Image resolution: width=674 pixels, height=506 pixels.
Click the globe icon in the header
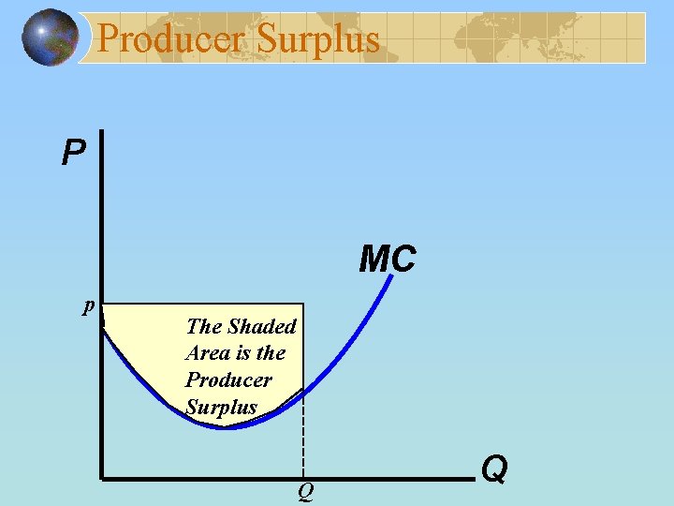(51, 37)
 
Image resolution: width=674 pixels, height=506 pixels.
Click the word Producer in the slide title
(171, 38)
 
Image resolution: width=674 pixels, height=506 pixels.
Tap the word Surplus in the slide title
(318, 38)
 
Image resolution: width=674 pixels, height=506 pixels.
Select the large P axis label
(72, 152)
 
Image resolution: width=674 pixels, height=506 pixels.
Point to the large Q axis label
(494, 468)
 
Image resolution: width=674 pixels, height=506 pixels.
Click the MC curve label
(388, 260)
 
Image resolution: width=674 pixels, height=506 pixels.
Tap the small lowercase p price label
(88, 305)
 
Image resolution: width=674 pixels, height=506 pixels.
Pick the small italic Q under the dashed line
(305, 491)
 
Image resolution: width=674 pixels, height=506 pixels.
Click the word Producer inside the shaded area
(228, 379)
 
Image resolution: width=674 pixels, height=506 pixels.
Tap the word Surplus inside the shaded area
(221, 407)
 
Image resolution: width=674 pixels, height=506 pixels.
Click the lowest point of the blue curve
(227, 427)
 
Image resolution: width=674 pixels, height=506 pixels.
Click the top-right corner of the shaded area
(303, 304)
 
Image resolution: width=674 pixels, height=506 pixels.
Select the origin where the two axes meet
(101, 480)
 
